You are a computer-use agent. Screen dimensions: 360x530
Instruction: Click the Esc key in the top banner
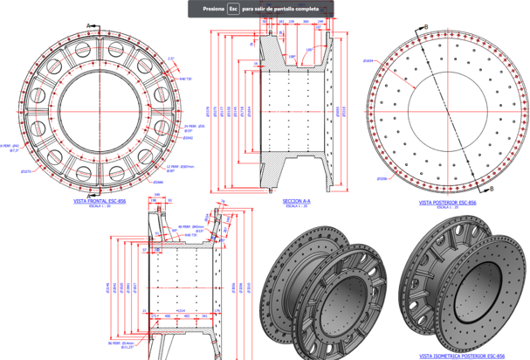pos(233,9)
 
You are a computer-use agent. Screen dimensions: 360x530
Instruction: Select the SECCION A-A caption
pos(298,201)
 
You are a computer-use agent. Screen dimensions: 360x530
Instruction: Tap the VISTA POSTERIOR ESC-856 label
pos(447,201)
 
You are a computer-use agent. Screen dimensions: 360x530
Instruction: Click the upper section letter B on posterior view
pos(425,26)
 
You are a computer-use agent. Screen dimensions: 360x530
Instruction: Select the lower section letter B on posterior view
pos(491,188)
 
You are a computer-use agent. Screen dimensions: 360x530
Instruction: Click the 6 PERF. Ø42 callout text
pos(11,147)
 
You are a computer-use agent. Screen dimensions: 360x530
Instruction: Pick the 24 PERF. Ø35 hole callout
pos(194,127)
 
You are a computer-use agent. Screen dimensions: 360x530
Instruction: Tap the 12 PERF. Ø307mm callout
pos(181,165)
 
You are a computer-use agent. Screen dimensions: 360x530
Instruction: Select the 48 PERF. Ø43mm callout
pos(190,227)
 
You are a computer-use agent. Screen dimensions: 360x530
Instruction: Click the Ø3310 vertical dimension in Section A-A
pos(343,111)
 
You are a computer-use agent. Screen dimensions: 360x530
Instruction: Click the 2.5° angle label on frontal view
pos(171,59)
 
